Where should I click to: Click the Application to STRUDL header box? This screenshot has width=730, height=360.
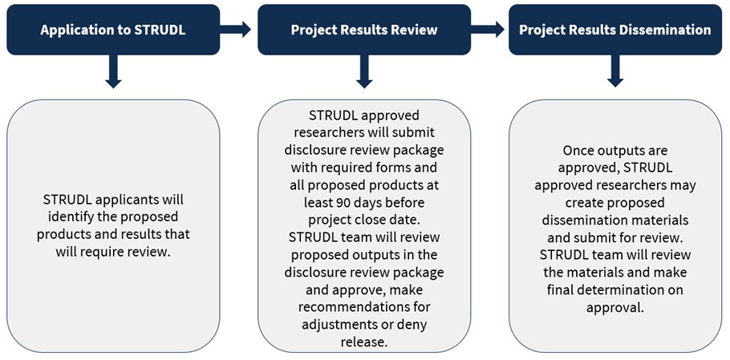coord(113,30)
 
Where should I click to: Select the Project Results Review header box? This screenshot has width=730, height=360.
coord(363,30)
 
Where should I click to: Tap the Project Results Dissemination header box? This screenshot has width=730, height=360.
coord(614,30)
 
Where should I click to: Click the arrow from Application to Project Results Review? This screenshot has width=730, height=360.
coord(236,30)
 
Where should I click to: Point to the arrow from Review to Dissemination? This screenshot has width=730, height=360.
coord(488,30)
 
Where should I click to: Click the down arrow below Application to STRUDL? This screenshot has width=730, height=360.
coord(113,72)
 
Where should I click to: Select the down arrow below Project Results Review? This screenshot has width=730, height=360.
coord(363,72)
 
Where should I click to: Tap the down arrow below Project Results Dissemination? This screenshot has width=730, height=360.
coord(614,72)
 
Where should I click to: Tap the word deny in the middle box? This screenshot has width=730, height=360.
coord(416,325)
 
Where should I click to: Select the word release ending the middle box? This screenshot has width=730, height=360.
coord(364,342)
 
